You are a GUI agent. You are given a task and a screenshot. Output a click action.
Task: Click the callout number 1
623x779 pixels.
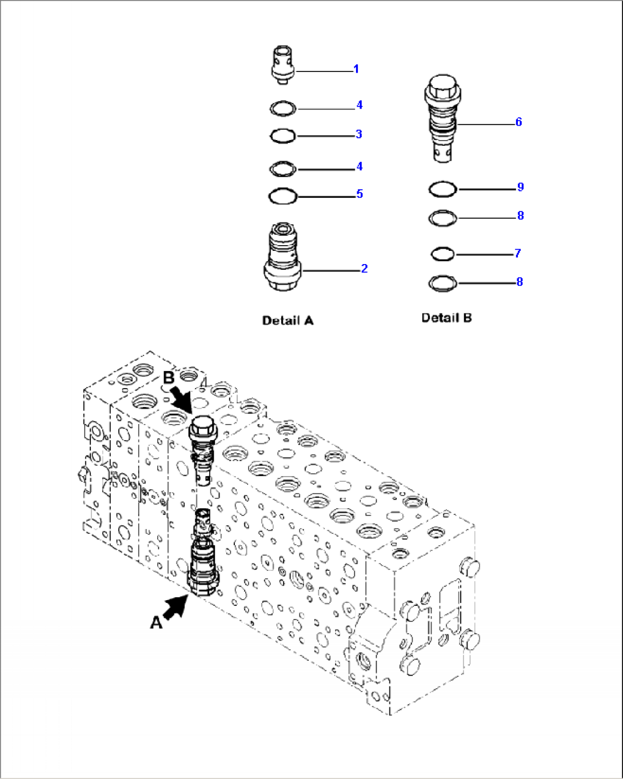point(356,69)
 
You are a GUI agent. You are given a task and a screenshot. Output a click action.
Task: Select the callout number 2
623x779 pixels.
point(364,269)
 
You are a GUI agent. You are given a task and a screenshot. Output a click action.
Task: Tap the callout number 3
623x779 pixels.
point(358,134)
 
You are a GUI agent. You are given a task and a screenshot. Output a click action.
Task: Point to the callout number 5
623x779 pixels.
point(360,194)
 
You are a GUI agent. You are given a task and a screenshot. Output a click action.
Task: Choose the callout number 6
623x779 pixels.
point(518,122)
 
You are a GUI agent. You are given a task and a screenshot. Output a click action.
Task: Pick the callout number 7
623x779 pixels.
point(517,253)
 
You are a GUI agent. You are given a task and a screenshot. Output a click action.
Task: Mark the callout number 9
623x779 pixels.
point(520,187)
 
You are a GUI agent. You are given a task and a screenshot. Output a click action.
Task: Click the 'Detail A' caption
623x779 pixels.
point(287,321)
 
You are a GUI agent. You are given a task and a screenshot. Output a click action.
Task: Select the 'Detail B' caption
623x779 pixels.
point(446,318)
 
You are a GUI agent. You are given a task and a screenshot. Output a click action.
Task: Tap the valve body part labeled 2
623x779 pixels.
point(282,260)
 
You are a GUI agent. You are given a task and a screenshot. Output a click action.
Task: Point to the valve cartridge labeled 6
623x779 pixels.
point(442,117)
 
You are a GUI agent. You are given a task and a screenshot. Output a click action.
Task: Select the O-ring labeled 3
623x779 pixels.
point(282,136)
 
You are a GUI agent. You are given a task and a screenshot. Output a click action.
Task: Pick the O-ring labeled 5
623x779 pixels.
point(283,197)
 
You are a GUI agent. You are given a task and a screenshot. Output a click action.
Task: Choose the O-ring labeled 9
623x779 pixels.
point(442,189)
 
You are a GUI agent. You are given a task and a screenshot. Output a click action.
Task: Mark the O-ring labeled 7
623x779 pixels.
point(442,254)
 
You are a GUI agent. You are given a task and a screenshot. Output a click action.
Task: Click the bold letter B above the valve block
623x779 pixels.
point(169,378)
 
